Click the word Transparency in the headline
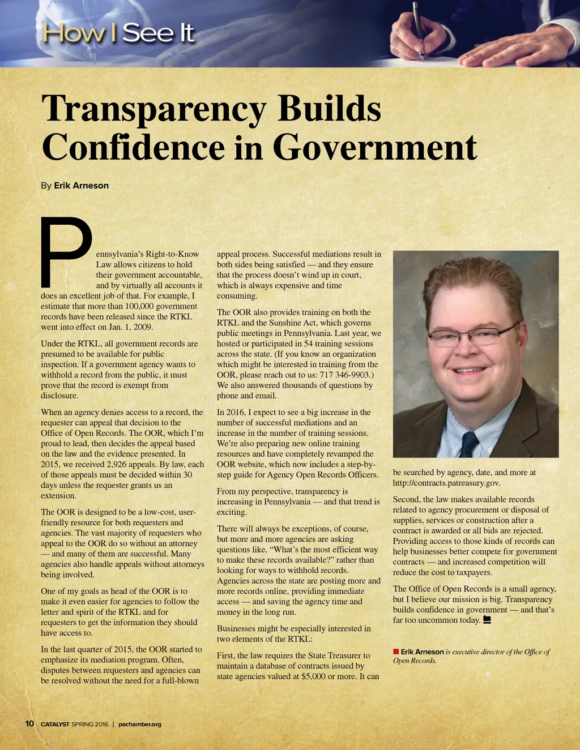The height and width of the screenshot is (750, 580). [155, 109]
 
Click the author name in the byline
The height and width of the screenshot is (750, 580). [81, 186]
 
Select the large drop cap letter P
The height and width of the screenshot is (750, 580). [66, 251]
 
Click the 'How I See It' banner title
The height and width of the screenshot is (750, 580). [118, 33]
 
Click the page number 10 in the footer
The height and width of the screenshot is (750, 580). [29, 723]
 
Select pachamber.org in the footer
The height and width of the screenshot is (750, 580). [140, 724]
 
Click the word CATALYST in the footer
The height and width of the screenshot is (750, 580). [55, 724]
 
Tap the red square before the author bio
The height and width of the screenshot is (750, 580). [396, 652]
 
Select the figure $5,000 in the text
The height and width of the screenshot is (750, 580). [314, 676]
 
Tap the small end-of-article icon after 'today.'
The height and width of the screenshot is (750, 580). [487, 620]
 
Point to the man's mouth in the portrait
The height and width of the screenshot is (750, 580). [470, 371]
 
